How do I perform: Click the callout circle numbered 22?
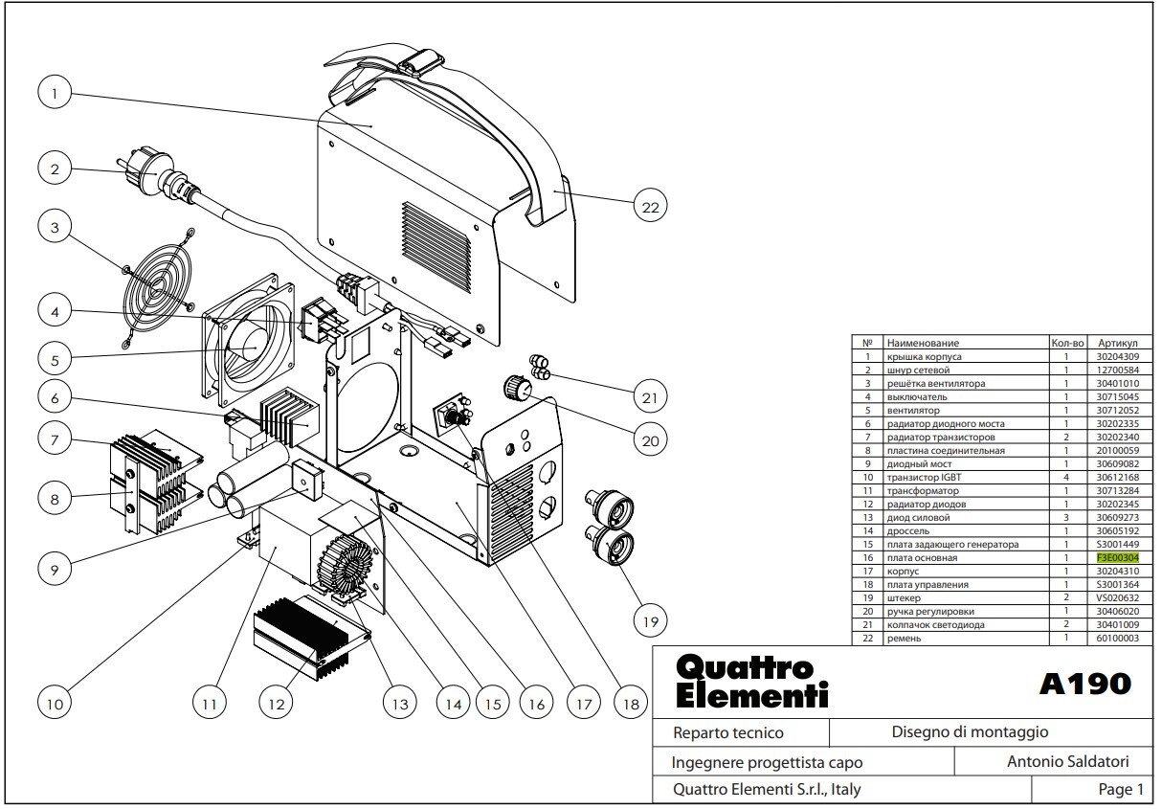pyautogui.click(x=650, y=207)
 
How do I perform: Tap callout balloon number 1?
pyautogui.click(x=55, y=94)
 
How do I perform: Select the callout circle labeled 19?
pyautogui.click(x=650, y=620)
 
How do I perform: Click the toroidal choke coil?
pyautogui.click(x=346, y=567)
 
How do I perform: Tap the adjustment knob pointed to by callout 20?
pyautogui.click(x=517, y=387)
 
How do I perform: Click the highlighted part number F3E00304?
pyautogui.click(x=1117, y=558)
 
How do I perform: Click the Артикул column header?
pyautogui.click(x=1117, y=343)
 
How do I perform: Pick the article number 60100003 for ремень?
pyautogui.click(x=1117, y=639)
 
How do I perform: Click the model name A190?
pyautogui.click(x=1085, y=684)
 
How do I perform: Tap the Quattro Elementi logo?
pyautogui.click(x=751, y=682)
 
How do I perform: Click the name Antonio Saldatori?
pyautogui.click(x=1067, y=761)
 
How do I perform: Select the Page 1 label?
pyautogui.click(x=1121, y=789)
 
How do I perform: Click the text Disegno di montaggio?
pyautogui.click(x=970, y=731)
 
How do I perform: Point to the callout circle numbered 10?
pyautogui.click(x=55, y=704)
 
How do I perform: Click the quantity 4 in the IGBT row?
pyautogui.click(x=1066, y=478)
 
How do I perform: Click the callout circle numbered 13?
pyautogui.click(x=399, y=704)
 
